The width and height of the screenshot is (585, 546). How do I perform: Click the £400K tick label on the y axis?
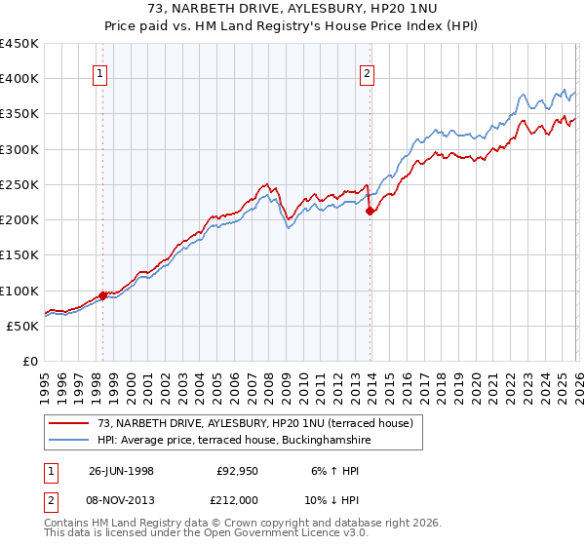[x=19, y=79]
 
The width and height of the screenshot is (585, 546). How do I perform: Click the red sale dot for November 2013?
[x=370, y=211]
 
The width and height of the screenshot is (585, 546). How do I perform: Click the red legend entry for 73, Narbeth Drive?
[x=255, y=423]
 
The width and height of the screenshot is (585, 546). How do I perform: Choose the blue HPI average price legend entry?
[x=234, y=441]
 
